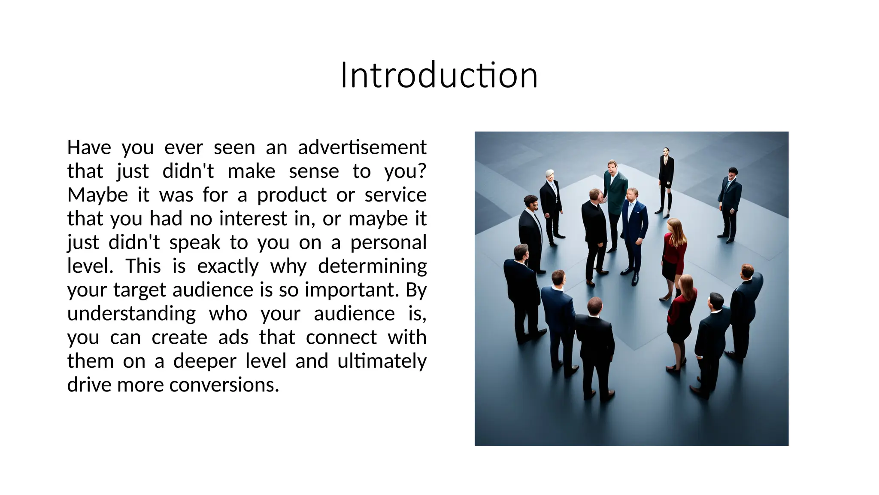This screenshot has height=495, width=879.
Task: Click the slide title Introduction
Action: tap(439, 76)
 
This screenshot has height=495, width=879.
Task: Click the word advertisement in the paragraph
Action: tap(362, 147)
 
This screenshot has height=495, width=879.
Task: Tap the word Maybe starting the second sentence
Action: tap(97, 195)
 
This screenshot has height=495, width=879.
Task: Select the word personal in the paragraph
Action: tap(388, 243)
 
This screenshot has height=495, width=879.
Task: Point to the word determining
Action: tap(372, 266)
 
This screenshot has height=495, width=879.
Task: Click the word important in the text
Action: tap(349, 290)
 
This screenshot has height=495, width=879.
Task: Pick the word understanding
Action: tap(131, 314)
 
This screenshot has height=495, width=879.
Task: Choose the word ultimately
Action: tap(382, 361)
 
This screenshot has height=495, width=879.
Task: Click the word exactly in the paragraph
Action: tap(227, 266)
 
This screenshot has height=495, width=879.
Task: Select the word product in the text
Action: tap(292, 195)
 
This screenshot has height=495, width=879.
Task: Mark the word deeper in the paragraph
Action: tap(204, 361)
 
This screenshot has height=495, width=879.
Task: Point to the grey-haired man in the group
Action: tap(551, 202)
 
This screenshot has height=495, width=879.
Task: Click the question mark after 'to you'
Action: tap(421, 171)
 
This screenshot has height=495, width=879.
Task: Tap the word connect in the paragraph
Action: tap(341, 337)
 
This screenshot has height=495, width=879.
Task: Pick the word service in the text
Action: tap(395, 195)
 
